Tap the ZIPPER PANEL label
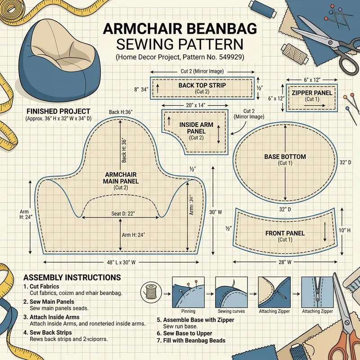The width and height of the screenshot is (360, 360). (312, 93)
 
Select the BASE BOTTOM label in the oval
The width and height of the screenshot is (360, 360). (285, 157)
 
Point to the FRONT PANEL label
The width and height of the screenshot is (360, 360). (285, 233)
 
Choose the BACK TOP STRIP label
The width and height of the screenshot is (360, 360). (202, 85)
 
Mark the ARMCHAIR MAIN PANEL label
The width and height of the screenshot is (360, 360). (121, 178)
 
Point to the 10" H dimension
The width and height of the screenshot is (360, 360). (345, 230)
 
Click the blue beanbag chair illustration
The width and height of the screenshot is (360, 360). (58, 56)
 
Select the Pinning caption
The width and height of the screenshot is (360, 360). (188, 311)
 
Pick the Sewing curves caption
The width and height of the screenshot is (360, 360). (231, 311)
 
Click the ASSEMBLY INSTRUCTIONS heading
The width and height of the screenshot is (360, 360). (72, 277)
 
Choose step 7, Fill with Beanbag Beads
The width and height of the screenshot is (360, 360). (191, 341)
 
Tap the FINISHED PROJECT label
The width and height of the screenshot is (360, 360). (58, 111)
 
